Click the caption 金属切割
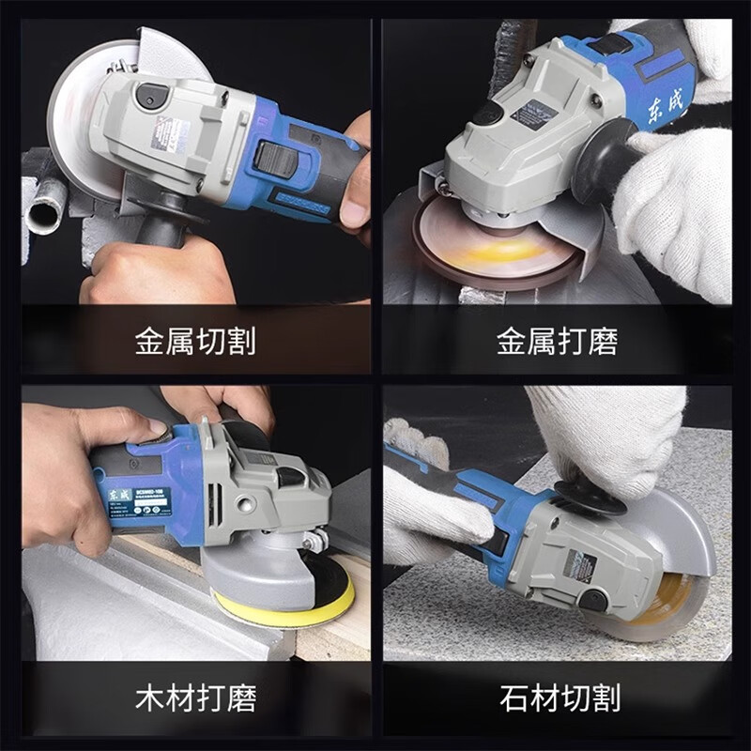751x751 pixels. point(194,341)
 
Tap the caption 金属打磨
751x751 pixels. point(557,341)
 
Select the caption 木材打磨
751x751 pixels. point(194,698)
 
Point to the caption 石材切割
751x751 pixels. point(557,698)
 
